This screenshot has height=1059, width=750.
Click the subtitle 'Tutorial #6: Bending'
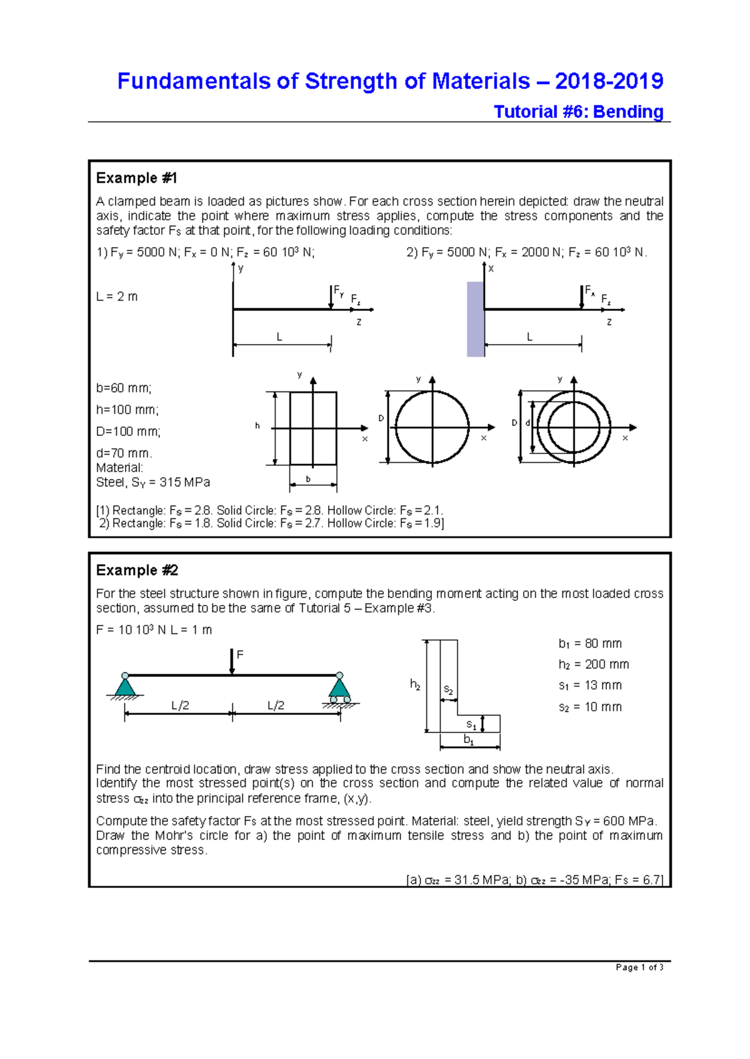click(578, 112)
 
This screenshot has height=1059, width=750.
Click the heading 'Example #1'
click(136, 178)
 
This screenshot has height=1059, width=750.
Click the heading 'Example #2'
click(137, 570)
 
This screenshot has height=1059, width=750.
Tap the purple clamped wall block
click(476, 319)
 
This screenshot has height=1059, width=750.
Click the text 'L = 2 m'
click(117, 297)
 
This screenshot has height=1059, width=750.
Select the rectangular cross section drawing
click(313, 428)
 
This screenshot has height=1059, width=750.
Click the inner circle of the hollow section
click(574, 428)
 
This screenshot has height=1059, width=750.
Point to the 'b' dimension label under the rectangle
click(308, 480)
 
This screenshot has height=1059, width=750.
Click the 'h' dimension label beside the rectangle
click(257, 426)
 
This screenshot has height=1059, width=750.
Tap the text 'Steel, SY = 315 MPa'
click(153, 482)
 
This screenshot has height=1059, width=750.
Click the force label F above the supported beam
click(239, 655)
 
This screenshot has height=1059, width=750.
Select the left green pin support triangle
click(125, 687)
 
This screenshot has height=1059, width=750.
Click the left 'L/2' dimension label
click(180, 706)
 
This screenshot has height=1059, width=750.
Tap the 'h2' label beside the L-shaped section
click(415, 684)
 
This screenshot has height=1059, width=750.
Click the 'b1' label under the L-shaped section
click(469, 740)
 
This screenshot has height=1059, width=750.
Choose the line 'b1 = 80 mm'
click(589, 644)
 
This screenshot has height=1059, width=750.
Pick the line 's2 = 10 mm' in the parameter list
click(589, 707)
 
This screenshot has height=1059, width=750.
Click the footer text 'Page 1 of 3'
click(639, 967)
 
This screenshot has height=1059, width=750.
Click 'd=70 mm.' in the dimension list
click(124, 453)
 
